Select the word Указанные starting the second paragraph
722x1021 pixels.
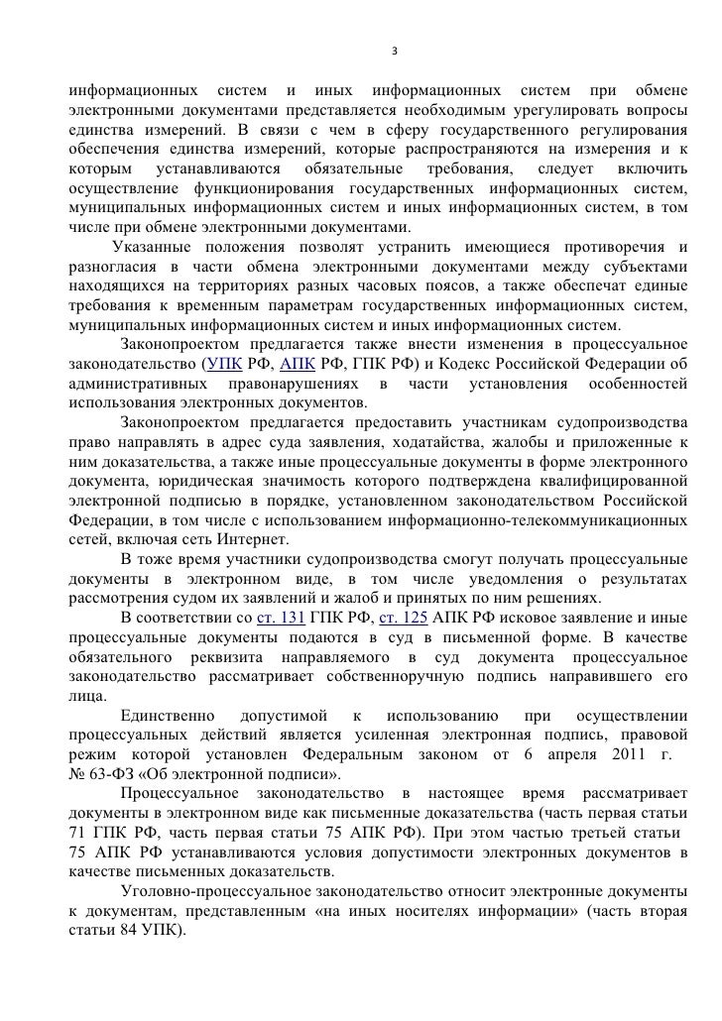(155, 247)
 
